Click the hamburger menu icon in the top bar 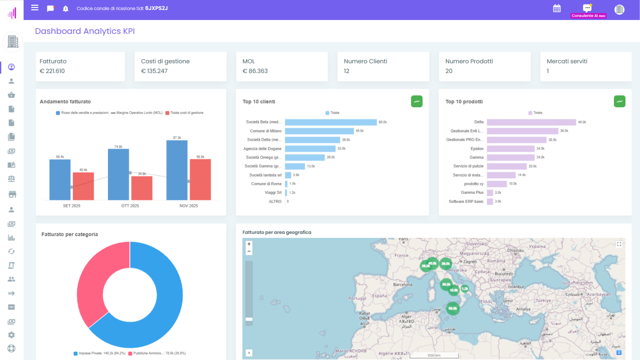[35, 8]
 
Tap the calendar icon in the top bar [557, 8]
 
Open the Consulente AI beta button [588, 10]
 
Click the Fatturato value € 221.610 [52, 71]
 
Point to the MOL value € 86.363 [255, 71]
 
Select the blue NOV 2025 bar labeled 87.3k [177, 170]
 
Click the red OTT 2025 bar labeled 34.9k [142, 188]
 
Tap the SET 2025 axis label [71, 206]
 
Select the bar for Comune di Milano [319, 131]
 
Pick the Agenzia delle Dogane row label [262, 149]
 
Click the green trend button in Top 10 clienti [416, 101]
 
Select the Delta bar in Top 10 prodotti [531, 122]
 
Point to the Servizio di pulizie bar [506, 166]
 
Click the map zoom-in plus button [249, 244]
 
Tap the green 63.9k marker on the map [453, 308]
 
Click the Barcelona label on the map [402, 285]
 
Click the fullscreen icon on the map [619, 244]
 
